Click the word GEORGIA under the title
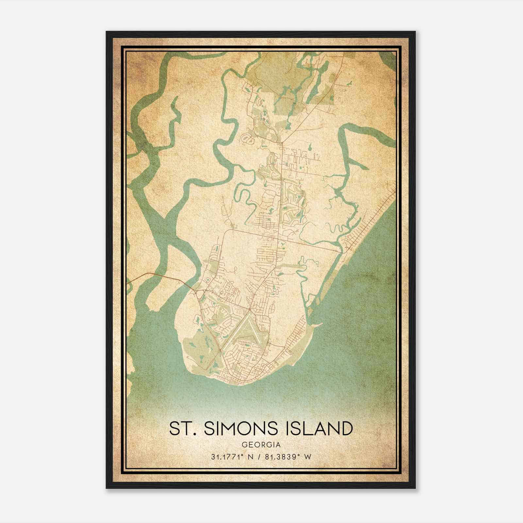(x=261, y=445)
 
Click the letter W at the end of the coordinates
(x=307, y=457)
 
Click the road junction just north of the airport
(x=250, y=309)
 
